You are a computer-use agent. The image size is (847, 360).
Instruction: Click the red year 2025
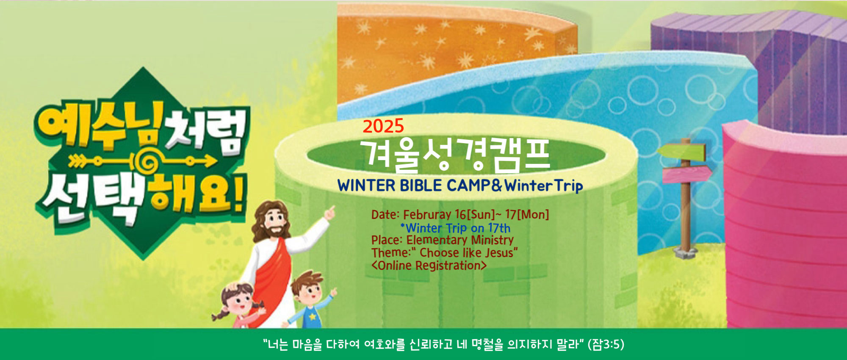[383, 126]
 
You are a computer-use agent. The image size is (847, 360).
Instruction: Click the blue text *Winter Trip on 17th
[455, 228]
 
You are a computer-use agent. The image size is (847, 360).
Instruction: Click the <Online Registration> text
[429, 266]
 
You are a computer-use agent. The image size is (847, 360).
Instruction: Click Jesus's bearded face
[275, 222]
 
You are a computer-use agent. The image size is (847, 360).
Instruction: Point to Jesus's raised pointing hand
[330, 213]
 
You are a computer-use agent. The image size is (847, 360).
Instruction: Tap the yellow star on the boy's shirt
[312, 316]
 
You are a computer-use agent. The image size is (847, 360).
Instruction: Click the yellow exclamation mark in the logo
[239, 193]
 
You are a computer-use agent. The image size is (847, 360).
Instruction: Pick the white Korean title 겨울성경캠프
[455, 155]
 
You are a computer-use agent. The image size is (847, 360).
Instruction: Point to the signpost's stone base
[685, 253]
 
